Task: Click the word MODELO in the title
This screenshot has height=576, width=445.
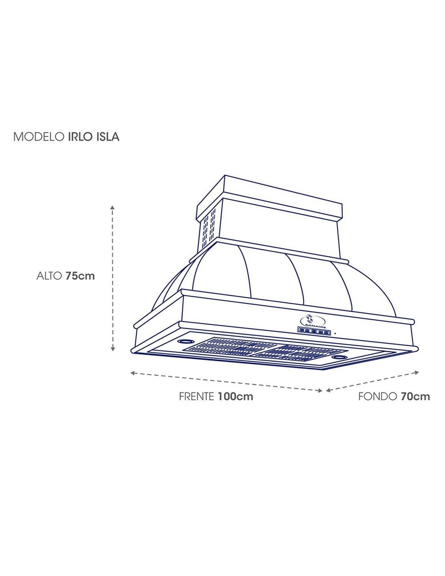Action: tap(39, 137)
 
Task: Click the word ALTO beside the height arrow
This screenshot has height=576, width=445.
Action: tap(49, 276)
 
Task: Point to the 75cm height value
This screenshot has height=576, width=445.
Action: tap(80, 276)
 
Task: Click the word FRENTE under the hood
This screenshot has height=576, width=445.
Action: tap(196, 396)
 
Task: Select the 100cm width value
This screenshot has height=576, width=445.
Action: tap(235, 396)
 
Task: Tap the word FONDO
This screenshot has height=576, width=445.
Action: tap(377, 396)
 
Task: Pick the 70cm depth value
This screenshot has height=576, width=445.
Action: tap(415, 396)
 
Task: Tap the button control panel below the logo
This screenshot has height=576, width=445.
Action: tap(314, 331)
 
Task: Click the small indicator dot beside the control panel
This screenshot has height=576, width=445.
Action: tap(335, 333)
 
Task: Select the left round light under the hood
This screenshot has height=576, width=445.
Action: tap(186, 341)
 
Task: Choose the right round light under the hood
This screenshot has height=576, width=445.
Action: tap(339, 357)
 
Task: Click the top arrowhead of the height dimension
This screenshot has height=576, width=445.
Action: tap(113, 207)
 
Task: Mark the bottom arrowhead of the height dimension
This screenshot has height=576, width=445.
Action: tap(113, 349)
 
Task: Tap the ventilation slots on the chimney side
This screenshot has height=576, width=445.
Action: tap(209, 229)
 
